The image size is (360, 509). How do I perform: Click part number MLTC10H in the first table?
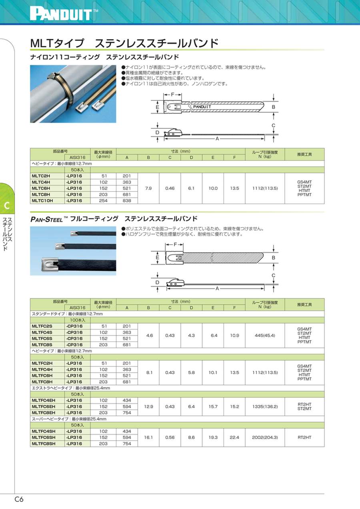[x=42, y=201]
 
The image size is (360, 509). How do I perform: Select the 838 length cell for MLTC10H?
[x=127, y=201]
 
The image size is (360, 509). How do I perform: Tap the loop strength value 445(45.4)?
[x=265, y=335]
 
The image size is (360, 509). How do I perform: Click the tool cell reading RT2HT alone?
[x=305, y=437]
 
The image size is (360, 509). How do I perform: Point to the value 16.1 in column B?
[x=148, y=437]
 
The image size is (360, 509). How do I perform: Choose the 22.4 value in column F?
[x=234, y=437]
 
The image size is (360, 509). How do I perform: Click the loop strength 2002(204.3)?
[x=265, y=437]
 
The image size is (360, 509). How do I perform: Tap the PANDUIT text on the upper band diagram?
[x=202, y=107]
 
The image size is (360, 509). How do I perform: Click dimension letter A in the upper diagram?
[x=217, y=139]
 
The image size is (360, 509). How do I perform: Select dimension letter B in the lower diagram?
[x=274, y=258]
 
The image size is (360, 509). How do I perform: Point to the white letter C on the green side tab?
[x=6, y=206]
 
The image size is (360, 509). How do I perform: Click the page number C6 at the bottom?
[x=19, y=499]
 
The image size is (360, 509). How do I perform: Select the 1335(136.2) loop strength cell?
[x=265, y=406]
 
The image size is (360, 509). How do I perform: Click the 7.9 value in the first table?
[x=148, y=188]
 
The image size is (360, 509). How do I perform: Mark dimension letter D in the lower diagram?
[x=158, y=282]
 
